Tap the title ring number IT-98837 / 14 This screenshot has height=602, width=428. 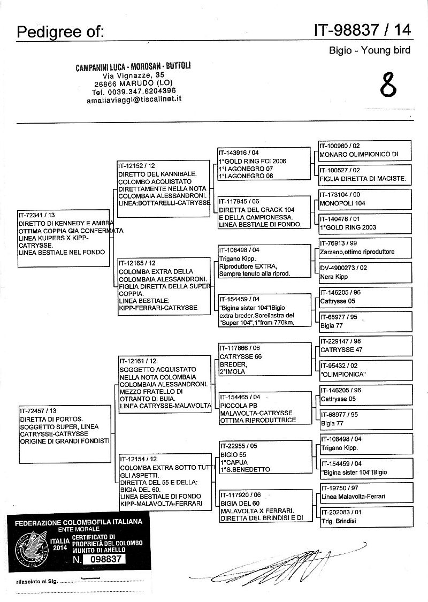point(363,31)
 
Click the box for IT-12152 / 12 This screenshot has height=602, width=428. point(163,189)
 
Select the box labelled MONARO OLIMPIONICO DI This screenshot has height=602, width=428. point(364,150)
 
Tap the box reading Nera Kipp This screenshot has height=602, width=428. point(364,272)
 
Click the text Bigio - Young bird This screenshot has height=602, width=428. point(369,51)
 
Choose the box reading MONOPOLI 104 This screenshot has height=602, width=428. point(364,199)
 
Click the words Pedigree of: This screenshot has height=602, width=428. point(59,32)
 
